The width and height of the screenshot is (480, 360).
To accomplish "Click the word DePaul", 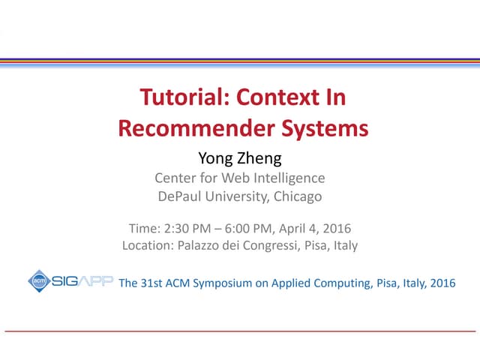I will point(181,197).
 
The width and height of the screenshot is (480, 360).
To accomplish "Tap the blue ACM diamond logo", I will point(39,281).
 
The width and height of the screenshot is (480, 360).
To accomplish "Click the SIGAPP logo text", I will point(82,282).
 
